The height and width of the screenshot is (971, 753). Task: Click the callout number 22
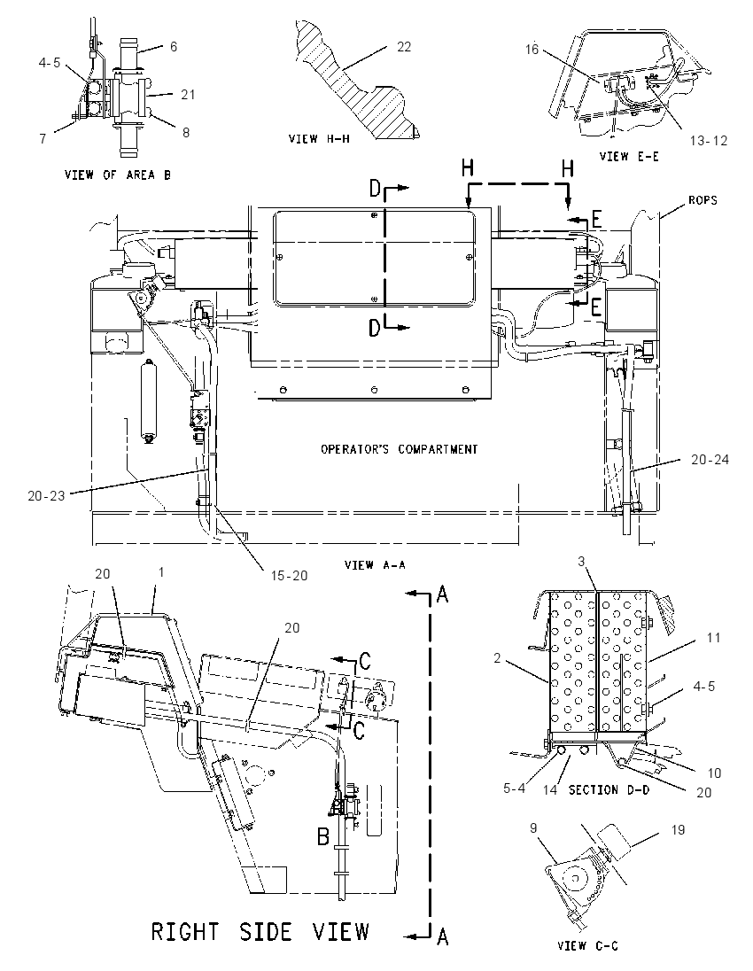click(404, 46)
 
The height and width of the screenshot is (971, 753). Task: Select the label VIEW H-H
click(319, 139)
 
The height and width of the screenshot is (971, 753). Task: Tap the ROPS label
click(702, 200)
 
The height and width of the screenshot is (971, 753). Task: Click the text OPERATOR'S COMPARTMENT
click(400, 449)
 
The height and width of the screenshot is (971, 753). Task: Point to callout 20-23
click(46, 495)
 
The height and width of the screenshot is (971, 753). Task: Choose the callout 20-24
click(710, 459)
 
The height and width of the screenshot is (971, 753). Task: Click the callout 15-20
click(289, 575)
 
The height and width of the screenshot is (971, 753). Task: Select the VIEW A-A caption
click(375, 564)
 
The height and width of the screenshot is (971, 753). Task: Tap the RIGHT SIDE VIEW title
click(260, 931)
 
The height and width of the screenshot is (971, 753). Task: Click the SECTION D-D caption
click(609, 790)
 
